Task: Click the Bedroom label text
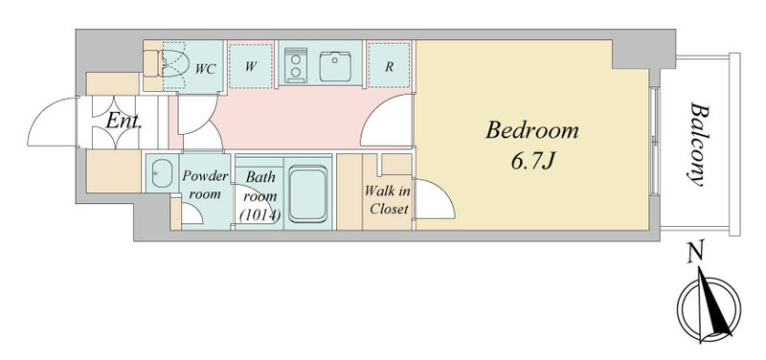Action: (532, 132)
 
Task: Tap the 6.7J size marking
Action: (532, 162)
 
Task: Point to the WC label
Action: (206, 69)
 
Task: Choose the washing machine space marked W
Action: (251, 66)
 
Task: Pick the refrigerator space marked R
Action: (389, 66)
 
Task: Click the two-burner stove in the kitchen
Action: (296, 65)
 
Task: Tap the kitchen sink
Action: (335, 66)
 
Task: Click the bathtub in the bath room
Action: (307, 193)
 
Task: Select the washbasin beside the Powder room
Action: (161, 173)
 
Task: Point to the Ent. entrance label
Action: (124, 122)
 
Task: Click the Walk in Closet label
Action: (388, 200)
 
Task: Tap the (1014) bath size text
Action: (259, 214)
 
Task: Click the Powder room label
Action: (205, 185)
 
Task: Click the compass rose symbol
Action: (709, 306)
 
